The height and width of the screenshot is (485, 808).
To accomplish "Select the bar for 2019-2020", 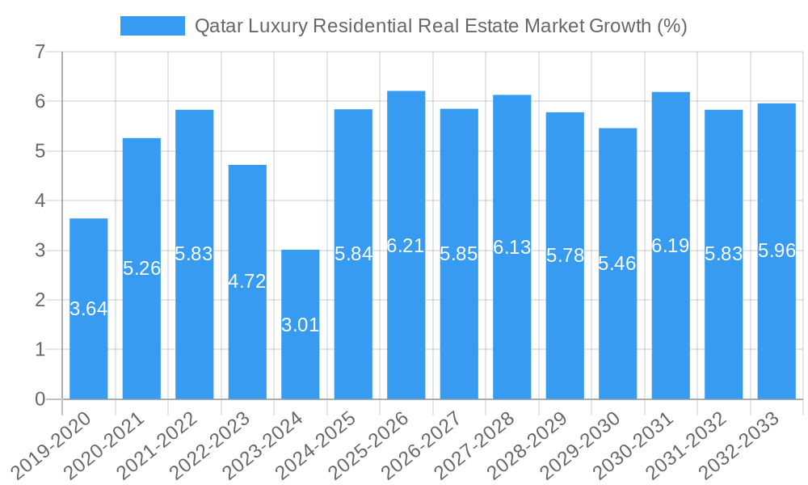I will [89, 309].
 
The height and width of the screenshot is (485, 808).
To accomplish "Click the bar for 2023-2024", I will [301, 324].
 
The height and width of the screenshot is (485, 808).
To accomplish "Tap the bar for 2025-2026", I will [406, 245].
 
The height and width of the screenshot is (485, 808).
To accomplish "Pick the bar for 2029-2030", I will [618, 264].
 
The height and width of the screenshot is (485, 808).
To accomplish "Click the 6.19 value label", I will [671, 246].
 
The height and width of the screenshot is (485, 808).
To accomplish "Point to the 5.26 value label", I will [142, 268].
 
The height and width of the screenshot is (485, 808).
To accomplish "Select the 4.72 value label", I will [247, 282].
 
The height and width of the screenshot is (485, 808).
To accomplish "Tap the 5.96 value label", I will [776, 251].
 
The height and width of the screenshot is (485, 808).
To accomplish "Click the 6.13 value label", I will [512, 247].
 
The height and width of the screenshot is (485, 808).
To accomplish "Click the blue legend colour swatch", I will [153, 26].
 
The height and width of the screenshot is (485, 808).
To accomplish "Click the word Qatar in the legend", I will [217, 26].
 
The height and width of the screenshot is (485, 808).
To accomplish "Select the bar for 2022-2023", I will [247, 282].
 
